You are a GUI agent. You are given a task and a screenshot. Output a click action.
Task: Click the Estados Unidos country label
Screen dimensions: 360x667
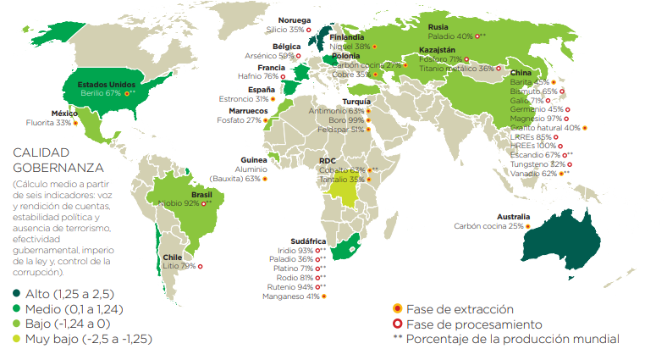tap(106, 85)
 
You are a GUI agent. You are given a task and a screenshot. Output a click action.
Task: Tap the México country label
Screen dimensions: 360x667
tap(64, 114)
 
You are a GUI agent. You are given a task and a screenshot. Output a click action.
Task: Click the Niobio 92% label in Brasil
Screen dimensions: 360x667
tap(179, 203)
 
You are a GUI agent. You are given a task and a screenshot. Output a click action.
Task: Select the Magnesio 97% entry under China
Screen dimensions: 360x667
tap(537, 119)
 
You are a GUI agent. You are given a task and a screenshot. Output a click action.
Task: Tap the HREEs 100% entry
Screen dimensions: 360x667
tap(533, 146)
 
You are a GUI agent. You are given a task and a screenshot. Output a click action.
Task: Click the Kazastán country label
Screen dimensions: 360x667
tap(437, 50)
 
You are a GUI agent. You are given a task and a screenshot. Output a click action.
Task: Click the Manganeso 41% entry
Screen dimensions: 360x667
tap(288, 296)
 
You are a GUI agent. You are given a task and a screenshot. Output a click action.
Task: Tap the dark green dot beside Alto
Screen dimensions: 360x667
tap(16, 293)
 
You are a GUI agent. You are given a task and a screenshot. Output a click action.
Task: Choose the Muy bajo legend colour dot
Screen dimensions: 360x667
tap(16, 339)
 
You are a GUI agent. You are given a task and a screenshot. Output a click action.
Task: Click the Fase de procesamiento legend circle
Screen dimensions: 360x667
tap(397, 324)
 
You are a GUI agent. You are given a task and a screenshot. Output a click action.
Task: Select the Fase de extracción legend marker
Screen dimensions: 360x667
tap(397, 309)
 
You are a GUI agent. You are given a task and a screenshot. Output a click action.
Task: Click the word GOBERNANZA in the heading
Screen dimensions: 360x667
tap(57, 168)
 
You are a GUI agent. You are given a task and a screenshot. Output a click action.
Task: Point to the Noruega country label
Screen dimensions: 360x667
tap(295, 19)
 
